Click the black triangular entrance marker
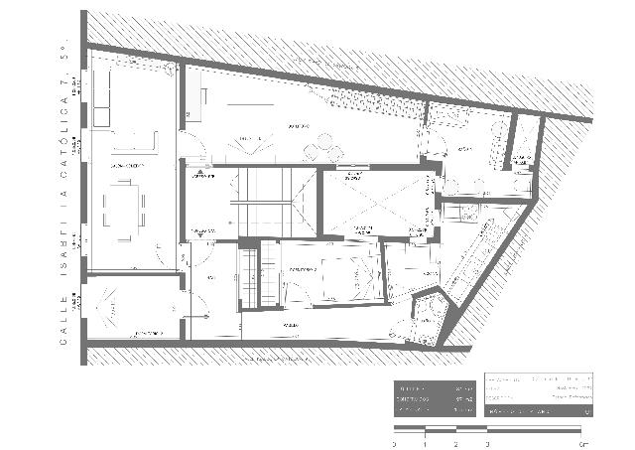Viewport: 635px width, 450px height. coord(199,172)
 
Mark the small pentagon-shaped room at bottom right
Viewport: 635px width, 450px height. coord(428,316)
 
